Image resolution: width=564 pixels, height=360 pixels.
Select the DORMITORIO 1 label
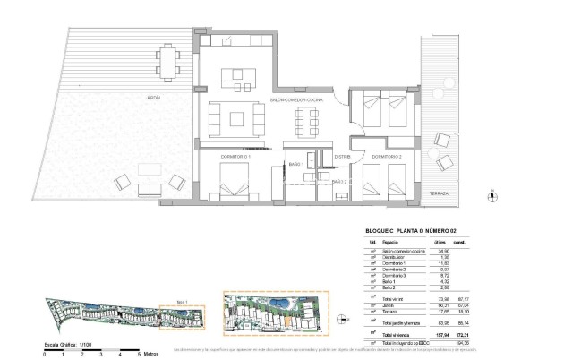pos(236,157)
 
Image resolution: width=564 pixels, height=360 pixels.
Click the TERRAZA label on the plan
pos(438,193)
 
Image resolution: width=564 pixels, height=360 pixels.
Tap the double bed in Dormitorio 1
pos(234,187)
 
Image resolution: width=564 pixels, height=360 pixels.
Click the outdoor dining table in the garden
pos(166,61)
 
